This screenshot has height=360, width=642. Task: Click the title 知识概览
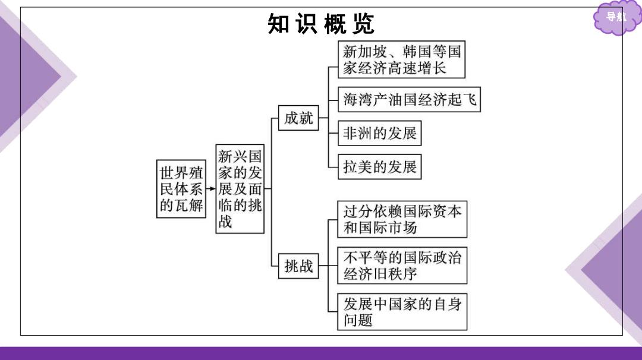(320, 24)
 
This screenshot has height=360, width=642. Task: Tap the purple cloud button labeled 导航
(616, 17)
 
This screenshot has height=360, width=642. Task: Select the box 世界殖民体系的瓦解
(181, 189)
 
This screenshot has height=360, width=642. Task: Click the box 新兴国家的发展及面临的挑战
(240, 188)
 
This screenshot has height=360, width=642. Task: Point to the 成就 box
(298, 118)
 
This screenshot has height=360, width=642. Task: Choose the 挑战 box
(298, 266)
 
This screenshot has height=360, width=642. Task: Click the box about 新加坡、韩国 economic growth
(402, 59)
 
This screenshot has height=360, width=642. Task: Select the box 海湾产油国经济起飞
(409, 99)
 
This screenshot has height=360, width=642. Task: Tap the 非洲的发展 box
(379, 133)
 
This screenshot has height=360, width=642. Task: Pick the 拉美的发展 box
(379, 166)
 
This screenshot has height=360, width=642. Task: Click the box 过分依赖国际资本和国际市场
(402, 219)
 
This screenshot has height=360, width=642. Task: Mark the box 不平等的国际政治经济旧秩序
(402, 266)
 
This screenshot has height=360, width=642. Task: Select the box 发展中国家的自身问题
(402, 312)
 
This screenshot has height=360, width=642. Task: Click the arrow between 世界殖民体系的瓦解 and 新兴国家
(211, 188)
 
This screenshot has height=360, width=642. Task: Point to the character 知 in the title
(278, 24)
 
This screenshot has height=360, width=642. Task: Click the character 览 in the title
(363, 24)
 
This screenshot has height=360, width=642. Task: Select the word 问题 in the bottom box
(358, 320)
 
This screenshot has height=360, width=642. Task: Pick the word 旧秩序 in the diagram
(395, 274)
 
